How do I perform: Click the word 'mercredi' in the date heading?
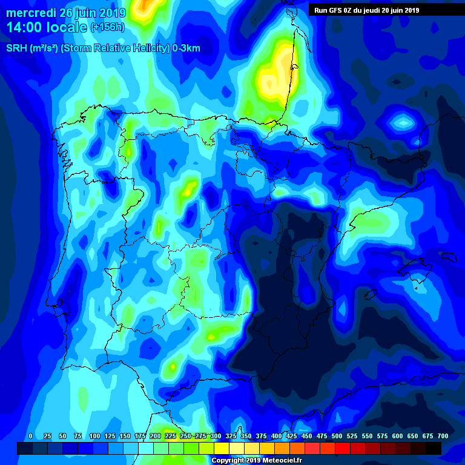(31, 13)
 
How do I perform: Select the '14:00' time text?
(25, 27)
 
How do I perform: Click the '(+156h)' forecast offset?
(107, 27)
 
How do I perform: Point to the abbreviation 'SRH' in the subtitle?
(16, 48)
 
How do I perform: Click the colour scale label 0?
(30, 436)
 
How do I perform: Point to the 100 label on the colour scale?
(94, 436)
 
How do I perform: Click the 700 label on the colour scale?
(443, 436)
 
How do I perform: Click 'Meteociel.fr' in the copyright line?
(280, 460)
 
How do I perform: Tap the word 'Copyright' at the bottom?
(228, 460)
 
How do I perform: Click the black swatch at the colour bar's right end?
(434, 448)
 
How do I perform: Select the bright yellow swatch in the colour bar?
(222, 448)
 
